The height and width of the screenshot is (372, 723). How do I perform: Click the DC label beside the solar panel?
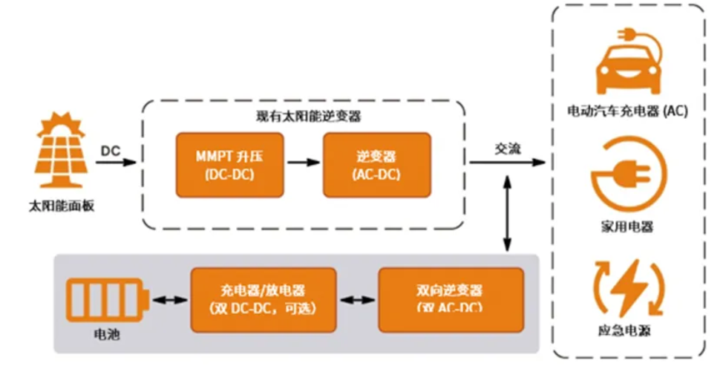click(111, 149)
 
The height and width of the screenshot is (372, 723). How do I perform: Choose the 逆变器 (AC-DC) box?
click(376, 165)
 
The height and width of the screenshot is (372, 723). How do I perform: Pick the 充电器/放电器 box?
click(263, 299)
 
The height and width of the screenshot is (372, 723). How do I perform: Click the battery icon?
click(108, 301)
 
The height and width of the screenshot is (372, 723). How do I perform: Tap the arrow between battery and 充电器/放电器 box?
click(169, 300)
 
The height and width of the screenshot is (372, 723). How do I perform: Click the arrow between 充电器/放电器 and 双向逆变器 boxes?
click(358, 300)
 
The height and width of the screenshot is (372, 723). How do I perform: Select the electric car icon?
click(629, 63)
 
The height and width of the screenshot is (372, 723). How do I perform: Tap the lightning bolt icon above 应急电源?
click(629, 287)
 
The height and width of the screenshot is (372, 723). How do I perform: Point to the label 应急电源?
click(629, 332)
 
